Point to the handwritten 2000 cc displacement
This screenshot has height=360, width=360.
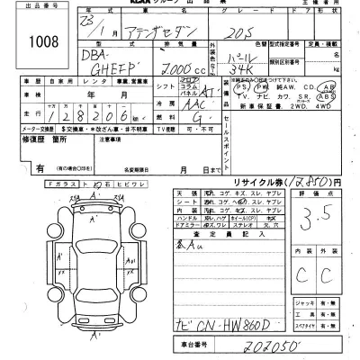point(124,68)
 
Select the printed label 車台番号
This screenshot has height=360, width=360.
point(192,346)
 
